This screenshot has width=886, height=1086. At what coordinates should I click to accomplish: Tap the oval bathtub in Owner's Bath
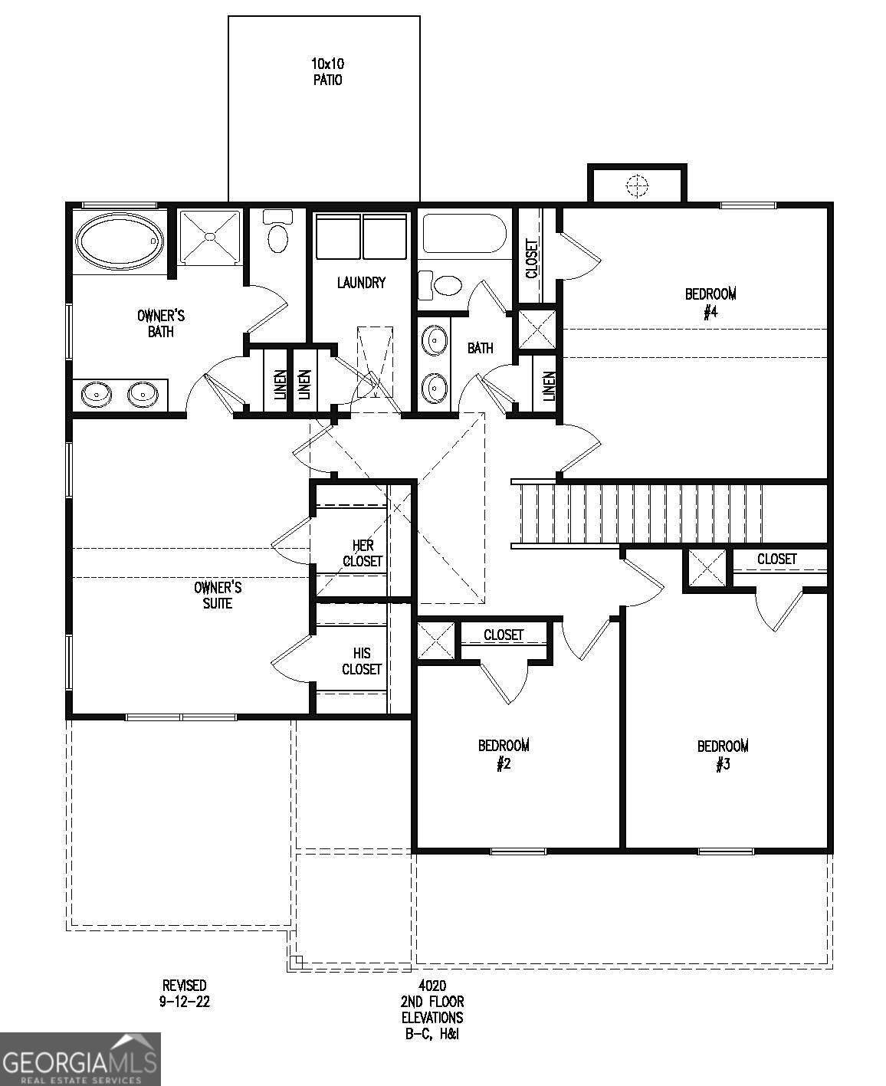(x=120, y=241)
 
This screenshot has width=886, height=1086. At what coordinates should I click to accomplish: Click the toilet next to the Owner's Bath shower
(x=277, y=235)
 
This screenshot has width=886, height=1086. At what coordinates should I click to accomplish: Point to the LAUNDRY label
(x=361, y=283)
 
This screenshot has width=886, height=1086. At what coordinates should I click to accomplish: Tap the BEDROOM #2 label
(x=504, y=754)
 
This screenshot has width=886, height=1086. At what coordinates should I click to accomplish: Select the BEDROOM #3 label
(x=722, y=755)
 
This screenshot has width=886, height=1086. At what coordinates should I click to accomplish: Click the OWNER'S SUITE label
(x=218, y=595)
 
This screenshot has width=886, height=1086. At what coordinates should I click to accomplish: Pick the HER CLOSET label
(x=362, y=553)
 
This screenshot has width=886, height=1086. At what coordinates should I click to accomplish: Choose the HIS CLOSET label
(x=362, y=661)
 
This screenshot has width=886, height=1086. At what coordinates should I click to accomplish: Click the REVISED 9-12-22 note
(x=184, y=993)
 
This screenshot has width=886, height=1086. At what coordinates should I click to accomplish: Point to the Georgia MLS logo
(x=80, y=1058)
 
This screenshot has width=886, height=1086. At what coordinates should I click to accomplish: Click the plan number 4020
(x=432, y=986)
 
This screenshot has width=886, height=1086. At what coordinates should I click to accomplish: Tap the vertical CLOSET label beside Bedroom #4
(x=531, y=259)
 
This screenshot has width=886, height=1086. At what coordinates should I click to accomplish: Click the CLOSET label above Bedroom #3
(x=776, y=559)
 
